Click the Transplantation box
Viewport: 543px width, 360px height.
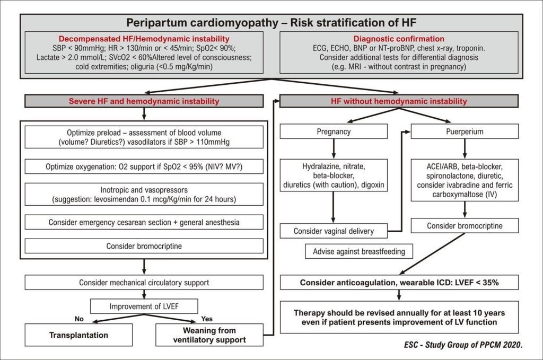[x=78, y=335]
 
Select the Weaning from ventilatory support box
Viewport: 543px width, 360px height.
[x=209, y=335]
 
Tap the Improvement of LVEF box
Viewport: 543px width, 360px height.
[x=144, y=306]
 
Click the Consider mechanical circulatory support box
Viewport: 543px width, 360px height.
[x=144, y=283]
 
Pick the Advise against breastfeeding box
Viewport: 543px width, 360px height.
[x=359, y=251]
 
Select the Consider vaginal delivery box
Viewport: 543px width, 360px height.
[x=334, y=231]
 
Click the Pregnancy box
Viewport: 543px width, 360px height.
[x=334, y=131]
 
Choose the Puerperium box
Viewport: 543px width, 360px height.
[x=465, y=131]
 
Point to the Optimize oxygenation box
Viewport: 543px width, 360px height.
[x=144, y=166]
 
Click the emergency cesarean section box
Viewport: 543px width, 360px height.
[x=144, y=222]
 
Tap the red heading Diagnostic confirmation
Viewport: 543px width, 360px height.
[x=399, y=39]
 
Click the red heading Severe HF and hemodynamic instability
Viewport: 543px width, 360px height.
[x=144, y=101]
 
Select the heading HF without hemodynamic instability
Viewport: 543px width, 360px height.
[x=399, y=101]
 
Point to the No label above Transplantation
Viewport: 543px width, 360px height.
[x=79, y=319]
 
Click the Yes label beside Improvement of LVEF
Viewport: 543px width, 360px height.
[x=207, y=319]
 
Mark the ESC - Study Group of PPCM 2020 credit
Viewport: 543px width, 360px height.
[x=463, y=345]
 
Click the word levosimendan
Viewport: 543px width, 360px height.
[x=120, y=199]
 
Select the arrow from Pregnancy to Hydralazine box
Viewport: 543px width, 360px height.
[x=334, y=149]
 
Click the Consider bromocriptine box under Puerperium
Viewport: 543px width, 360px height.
[x=465, y=226]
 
